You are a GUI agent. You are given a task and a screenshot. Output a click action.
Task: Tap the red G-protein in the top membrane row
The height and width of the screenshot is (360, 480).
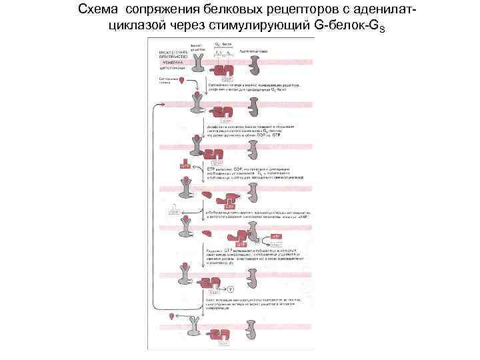(x=226, y=69)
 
